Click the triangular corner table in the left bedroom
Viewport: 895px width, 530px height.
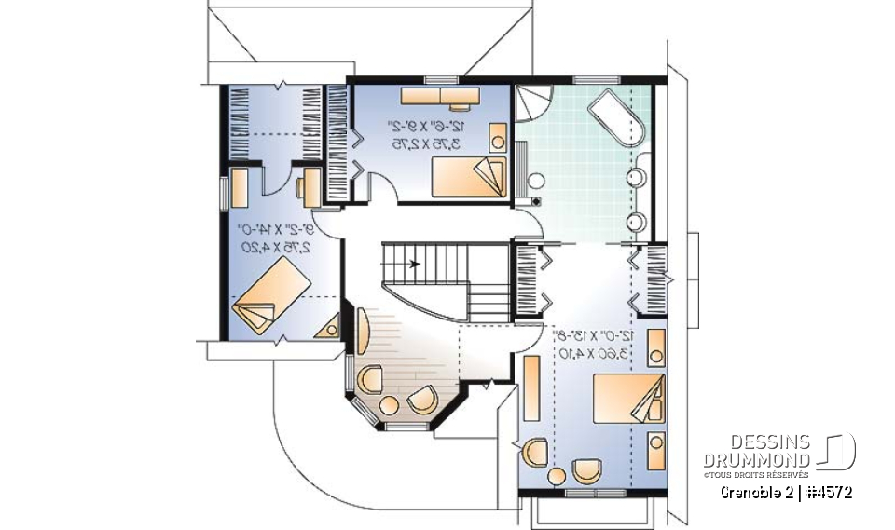(329, 327)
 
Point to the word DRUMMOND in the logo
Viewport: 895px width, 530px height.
(756, 460)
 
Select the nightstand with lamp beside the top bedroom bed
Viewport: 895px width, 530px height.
(499, 143)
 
